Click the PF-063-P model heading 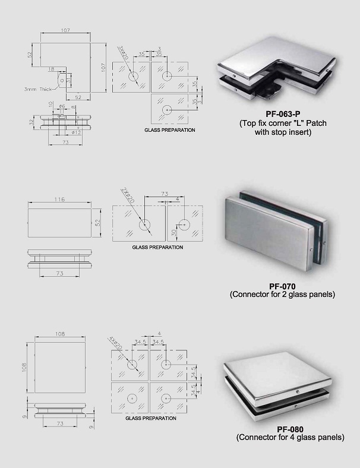click(274, 113)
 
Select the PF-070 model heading click(274, 286)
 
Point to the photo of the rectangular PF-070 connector click(276, 230)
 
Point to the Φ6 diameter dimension click(61, 106)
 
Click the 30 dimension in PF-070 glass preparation click(173, 232)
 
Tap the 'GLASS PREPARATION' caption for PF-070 click(157, 246)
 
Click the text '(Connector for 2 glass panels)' click(274, 295)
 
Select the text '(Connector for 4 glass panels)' click(290, 438)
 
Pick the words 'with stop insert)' click(274, 132)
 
